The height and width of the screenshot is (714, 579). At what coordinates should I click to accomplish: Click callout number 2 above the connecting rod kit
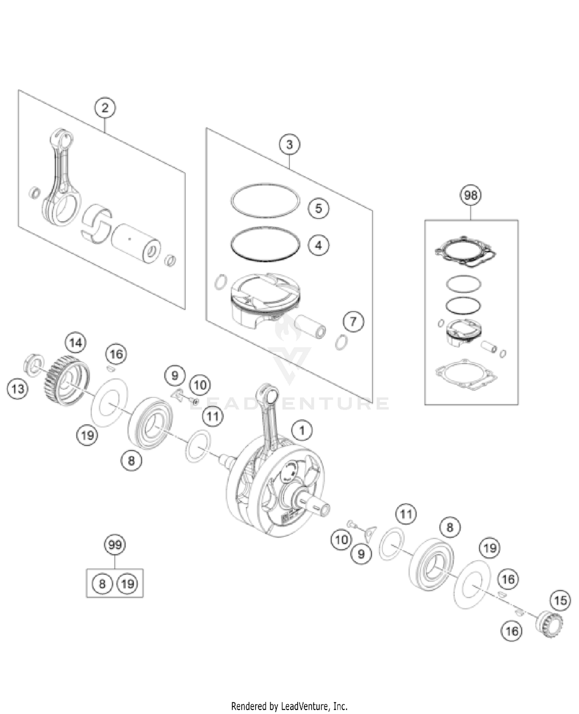[x=105, y=108]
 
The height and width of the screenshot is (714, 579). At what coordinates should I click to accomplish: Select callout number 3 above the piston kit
[x=289, y=145]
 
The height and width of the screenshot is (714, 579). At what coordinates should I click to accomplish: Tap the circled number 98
[x=471, y=195]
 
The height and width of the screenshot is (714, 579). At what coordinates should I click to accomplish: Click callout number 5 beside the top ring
[x=318, y=208]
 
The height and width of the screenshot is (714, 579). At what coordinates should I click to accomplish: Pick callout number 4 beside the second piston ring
[x=318, y=245]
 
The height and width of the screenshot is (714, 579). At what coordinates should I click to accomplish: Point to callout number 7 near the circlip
[x=353, y=321]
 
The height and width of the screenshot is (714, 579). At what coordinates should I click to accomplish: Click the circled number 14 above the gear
[x=76, y=343]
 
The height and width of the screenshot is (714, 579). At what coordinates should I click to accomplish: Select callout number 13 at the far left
[x=18, y=388]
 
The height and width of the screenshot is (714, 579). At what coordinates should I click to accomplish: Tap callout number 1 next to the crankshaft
[x=302, y=430]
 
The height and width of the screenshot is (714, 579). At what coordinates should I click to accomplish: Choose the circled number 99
[x=115, y=545]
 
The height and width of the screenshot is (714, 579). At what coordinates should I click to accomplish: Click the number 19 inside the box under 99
[x=127, y=584]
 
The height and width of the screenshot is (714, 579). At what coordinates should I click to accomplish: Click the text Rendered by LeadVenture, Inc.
[x=289, y=706]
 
